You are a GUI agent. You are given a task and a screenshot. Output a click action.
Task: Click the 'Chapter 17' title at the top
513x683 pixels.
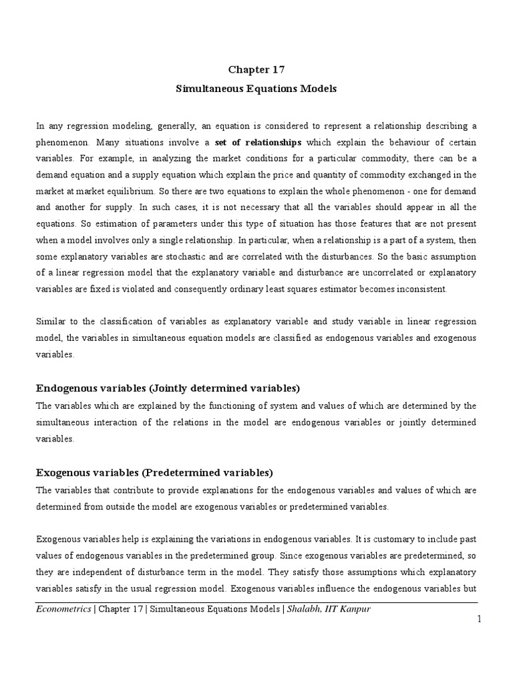tap(256, 69)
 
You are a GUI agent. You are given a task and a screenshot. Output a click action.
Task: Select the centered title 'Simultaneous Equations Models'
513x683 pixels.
tap(256, 89)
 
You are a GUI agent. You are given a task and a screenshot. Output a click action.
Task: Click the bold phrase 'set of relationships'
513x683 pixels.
tap(262, 142)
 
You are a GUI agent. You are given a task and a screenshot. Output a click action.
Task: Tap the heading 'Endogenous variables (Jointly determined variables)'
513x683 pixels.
tap(168, 388)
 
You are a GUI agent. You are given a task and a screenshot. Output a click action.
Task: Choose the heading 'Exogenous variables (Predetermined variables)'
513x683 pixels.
tap(154, 472)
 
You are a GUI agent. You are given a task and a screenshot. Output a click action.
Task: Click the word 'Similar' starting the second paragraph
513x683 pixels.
tap(51, 321)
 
